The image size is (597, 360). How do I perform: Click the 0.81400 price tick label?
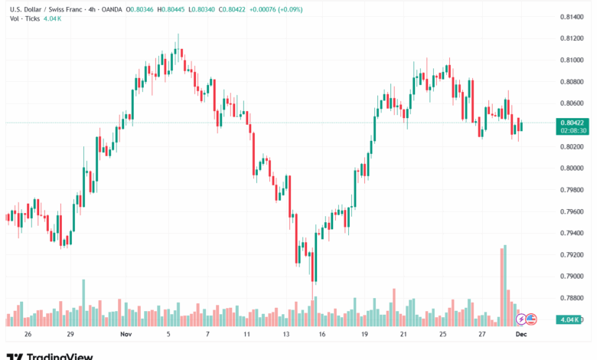pyautogui.click(x=572, y=17)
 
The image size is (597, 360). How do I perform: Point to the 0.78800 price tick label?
pyautogui.click(x=572, y=298)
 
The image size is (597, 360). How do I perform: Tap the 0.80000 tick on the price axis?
pyautogui.click(x=572, y=168)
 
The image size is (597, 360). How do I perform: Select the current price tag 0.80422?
pyautogui.click(x=573, y=123)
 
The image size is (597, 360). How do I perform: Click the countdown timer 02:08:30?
pyautogui.click(x=573, y=130)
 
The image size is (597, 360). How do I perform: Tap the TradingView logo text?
pyautogui.click(x=60, y=355)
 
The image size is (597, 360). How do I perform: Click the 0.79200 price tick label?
pyautogui.click(x=572, y=254)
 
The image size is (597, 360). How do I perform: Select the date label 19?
pyautogui.click(x=365, y=335)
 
